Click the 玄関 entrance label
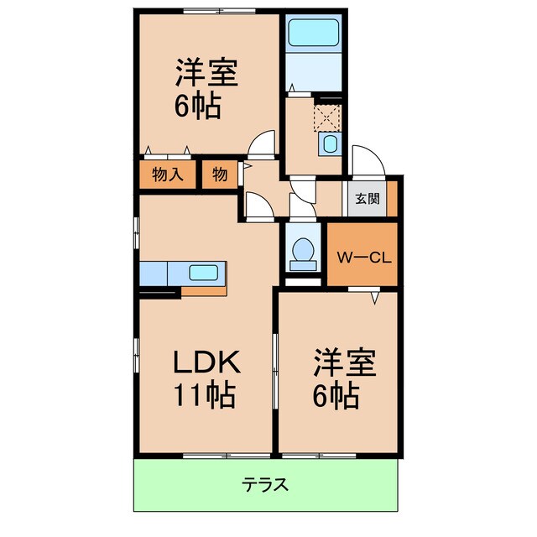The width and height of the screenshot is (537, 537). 366,200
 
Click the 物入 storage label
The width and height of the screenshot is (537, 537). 168,175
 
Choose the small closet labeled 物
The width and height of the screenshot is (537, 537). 219,175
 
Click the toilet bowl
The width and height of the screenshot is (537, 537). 301,250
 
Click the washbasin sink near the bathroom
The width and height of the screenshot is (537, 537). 330,144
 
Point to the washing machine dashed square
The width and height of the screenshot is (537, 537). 327,114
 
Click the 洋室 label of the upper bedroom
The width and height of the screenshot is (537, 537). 206,74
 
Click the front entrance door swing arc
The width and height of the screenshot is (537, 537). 367,160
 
